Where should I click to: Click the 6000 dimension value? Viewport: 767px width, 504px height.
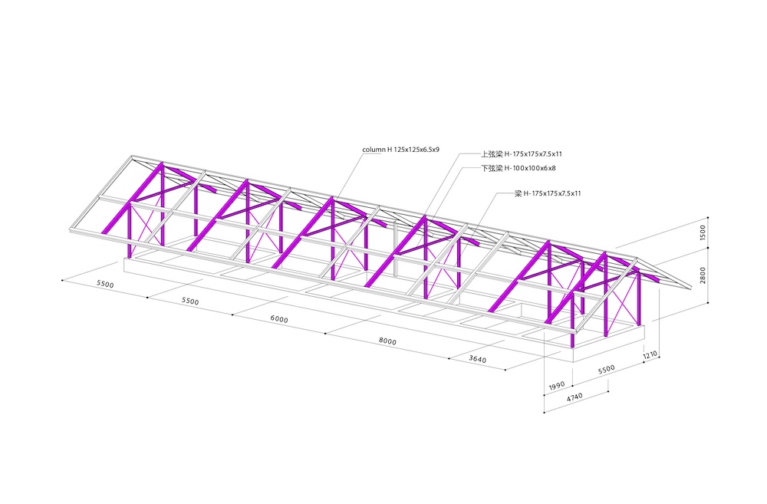(x=279, y=319)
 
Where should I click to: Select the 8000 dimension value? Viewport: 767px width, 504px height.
(x=387, y=341)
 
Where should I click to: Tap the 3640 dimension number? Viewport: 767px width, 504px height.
(x=477, y=359)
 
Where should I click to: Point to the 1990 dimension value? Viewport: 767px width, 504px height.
(x=557, y=387)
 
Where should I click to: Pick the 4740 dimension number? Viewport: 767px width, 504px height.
(x=574, y=397)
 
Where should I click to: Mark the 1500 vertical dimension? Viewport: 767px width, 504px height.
(x=703, y=232)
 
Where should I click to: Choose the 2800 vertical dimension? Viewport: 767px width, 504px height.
(x=703, y=275)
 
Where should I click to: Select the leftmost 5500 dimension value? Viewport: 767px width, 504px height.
(x=105, y=285)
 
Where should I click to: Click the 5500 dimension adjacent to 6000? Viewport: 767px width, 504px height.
(x=190, y=301)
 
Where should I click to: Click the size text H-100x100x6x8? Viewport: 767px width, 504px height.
(x=530, y=168)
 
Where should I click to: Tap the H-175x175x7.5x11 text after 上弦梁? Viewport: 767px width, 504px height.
(x=533, y=154)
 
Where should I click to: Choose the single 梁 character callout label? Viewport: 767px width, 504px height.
(x=518, y=193)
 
